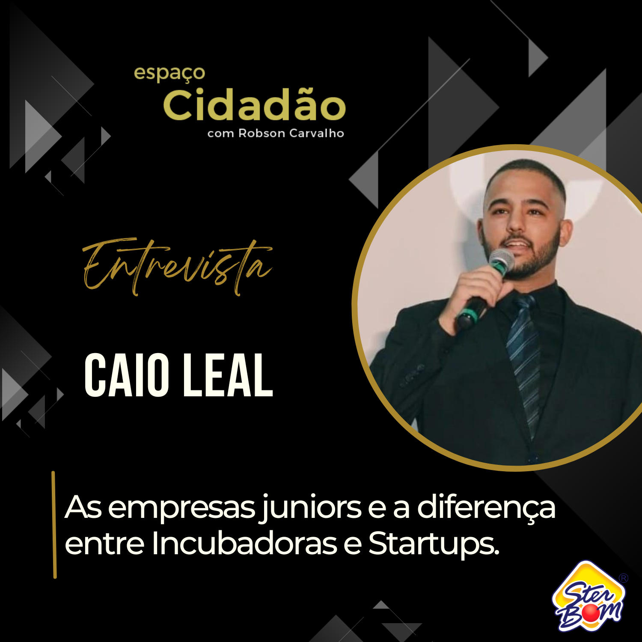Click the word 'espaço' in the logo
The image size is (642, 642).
click(169, 74)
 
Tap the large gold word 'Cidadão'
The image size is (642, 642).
click(254, 105)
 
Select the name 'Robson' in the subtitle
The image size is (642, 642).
click(262, 134)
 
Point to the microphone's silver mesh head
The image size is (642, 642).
click(502, 261)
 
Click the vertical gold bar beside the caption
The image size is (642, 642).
click(54, 525)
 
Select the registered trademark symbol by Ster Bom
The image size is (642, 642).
click(624, 578)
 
